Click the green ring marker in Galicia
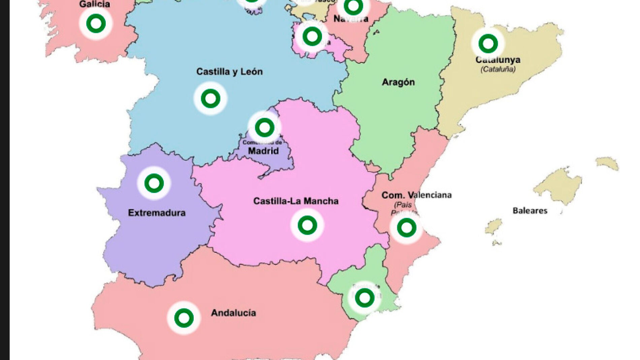click(x=96, y=23)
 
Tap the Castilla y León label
click(x=229, y=72)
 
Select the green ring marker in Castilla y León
click(x=211, y=98)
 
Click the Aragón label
click(x=398, y=82)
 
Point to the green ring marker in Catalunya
click(x=488, y=43)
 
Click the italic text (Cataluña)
click(x=498, y=69)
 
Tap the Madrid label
click(x=263, y=151)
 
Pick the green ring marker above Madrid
click(x=264, y=127)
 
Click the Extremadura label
click(x=157, y=213)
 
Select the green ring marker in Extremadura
click(x=154, y=183)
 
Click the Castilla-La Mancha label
click(x=296, y=201)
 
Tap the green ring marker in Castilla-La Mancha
click(x=307, y=225)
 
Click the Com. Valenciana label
click(x=416, y=195)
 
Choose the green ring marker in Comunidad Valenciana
click(x=407, y=228)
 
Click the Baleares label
click(x=530, y=211)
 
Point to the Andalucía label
click(x=233, y=313)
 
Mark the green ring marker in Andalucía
click(x=184, y=318)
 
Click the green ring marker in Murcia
click(x=364, y=298)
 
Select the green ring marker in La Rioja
click(x=312, y=36)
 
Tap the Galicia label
click(x=95, y=4)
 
